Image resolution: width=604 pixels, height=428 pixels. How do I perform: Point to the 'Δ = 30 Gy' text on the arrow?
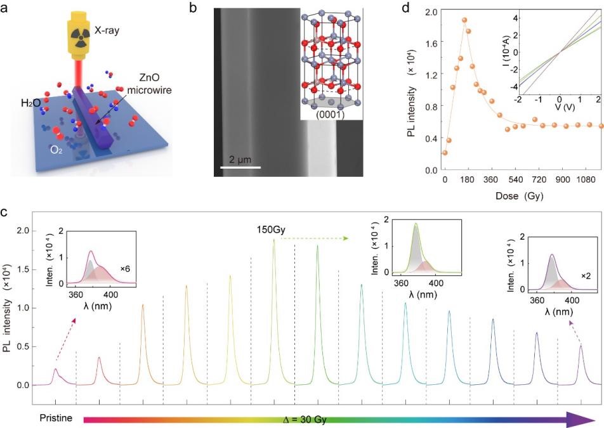(x=305, y=419)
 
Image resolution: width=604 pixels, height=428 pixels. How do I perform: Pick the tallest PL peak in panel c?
(x=274, y=241)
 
